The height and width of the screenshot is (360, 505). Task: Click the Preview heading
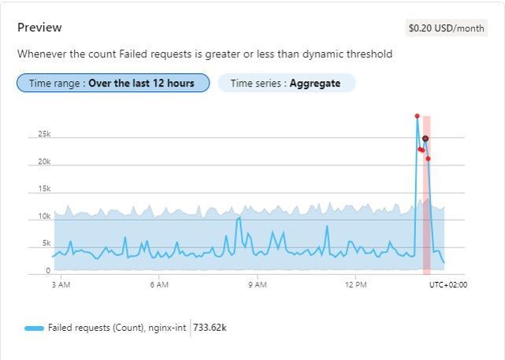coord(39,28)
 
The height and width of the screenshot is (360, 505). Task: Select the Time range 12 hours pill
coord(113,83)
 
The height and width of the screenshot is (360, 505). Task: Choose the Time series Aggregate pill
coord(286,83)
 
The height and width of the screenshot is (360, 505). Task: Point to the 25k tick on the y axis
coord(44,135)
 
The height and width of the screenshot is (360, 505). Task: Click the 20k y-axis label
coord(44,162)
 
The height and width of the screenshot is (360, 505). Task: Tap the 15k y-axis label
coord(44,189)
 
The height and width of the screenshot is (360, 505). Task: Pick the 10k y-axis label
coord(44,217)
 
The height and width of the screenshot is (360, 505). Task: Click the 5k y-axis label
coord(46,243)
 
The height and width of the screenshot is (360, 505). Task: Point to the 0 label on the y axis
coord(48,271)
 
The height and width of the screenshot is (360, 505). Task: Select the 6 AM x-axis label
coord(159,285)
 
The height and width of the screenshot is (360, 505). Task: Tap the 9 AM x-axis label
coord(257,285)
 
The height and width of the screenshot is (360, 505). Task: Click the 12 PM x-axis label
coord(355,285)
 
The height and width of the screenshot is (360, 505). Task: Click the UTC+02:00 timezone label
coord(447,285)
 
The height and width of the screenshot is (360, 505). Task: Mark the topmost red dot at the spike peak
coord(417,117)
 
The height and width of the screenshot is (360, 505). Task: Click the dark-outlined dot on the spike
coord(425,139)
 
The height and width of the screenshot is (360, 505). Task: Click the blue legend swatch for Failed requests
coord(34,327)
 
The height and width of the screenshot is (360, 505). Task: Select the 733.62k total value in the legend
coord(210,327)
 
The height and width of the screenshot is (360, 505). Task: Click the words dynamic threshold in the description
coord(353,54)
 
